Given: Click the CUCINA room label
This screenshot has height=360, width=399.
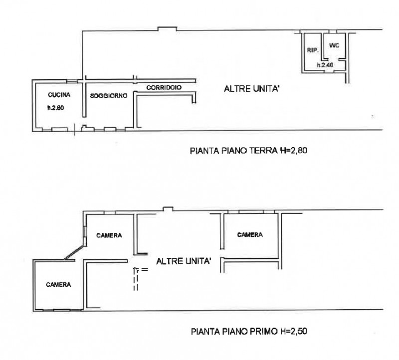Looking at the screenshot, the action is click(x=59, y=95).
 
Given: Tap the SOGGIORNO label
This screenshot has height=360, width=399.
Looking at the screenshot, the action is click(x=109, y=96).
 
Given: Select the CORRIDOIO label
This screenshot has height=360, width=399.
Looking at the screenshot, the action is click(x=164, y=88).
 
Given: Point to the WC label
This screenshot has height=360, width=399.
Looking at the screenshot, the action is click(x=334, y=45).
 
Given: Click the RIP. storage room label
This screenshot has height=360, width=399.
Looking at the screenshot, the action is click(x=313, y=50).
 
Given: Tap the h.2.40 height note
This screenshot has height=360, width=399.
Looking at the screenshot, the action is click(x=325, y=65).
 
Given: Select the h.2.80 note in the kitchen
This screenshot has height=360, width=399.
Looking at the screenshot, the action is click(x=55, y=108).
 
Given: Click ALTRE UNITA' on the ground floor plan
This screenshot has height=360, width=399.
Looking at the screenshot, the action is click(x=252, y=89).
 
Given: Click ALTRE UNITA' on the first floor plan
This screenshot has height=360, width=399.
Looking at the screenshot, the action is click(x=184, y=261).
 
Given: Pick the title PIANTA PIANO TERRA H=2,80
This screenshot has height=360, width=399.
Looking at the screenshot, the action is click(x=248, y=151).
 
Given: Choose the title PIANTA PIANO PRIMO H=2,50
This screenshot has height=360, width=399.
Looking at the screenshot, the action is click(x=249, y=332).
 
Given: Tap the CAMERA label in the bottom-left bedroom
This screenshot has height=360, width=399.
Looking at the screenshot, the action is click(x=58, y=284).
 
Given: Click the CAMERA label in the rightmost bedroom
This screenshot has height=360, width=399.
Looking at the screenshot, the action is click(x=250, y=234).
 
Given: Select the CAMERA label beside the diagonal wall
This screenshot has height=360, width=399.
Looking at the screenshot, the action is click(x=109, y=235).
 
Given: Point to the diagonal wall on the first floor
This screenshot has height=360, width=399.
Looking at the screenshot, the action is click(x=74, y=252).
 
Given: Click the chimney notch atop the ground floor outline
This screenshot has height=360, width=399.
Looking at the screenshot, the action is click(x=167, y=28).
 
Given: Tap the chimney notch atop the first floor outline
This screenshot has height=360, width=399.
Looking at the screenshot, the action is click(x=168, y=208).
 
